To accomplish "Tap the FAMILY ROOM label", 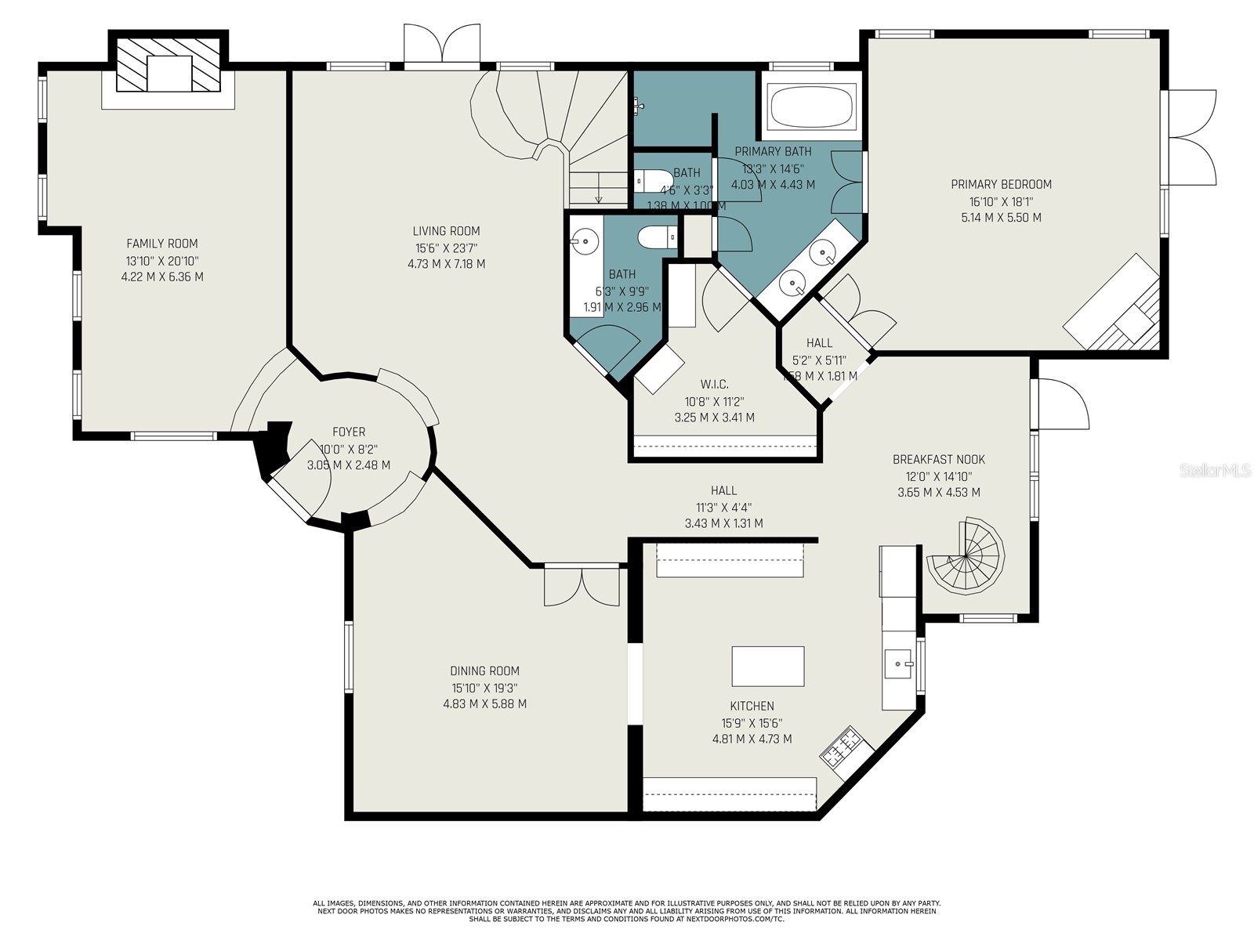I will (x=162, y=244).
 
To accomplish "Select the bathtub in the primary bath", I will (x=810, y=107).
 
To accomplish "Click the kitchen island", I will (x=767, y=666).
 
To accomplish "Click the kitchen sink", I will (x=898, y=663).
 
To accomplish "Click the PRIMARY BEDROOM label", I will (x=1001, y=184).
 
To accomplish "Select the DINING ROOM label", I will (x=484, y=671).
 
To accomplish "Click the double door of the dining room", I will (x=582, y=586).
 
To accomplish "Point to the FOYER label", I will (x=348, y=432).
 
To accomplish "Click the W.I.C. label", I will (x=714, y=384).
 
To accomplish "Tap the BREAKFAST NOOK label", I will (x=938, y=460).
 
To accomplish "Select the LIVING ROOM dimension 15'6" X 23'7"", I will (x=446, y=248).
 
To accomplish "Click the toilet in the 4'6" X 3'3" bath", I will (x=653, y=180).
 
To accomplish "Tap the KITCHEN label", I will (x=752, y=706).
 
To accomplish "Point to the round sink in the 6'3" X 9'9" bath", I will (x=584, y=239).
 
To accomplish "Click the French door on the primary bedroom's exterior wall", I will (x=1191, y=137).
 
